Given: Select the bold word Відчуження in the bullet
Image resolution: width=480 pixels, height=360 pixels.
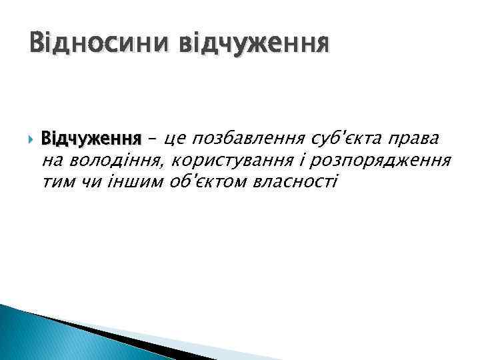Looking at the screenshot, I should click(91, 139).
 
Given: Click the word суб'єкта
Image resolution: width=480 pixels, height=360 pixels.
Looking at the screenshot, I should click(347, 139).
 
